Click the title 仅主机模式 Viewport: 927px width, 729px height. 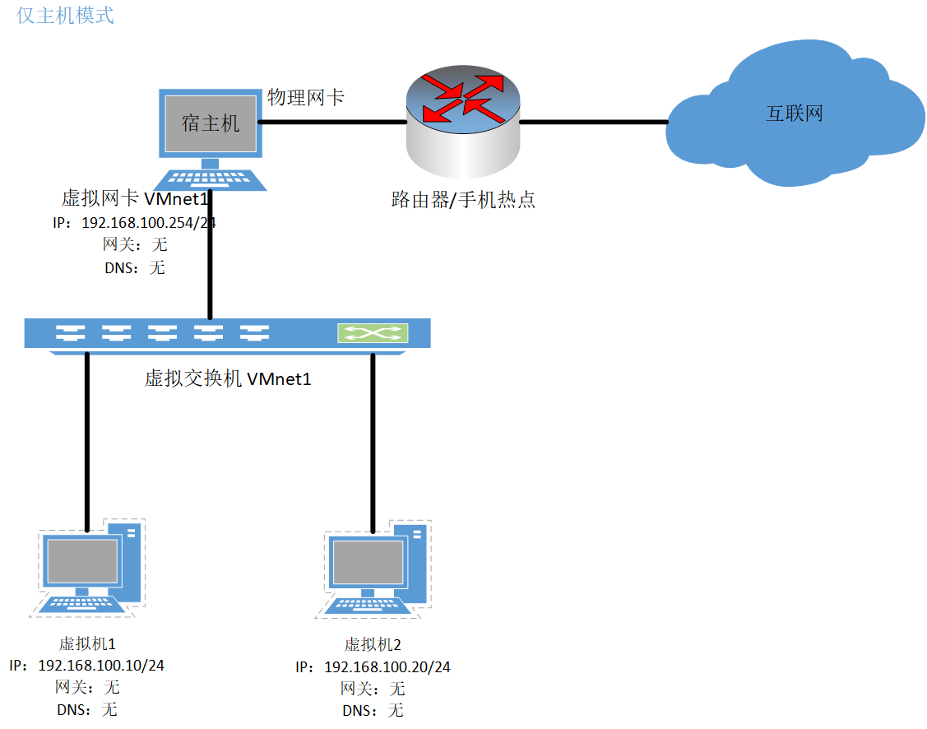click(x=65, y=15)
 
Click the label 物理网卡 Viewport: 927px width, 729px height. click(x=305, y=98)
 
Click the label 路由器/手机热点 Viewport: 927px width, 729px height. click(x=463, y=199)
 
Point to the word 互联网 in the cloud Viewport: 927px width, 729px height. click(x=795, y=114)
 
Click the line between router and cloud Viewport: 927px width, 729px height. click(x=593, y=123)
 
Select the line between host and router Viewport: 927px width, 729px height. click(x=333, y=123)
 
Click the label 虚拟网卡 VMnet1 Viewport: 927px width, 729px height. click(x=132, y=199)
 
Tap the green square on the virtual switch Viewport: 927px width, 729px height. click(x=373, y=333)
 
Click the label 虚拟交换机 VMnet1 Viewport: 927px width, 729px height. click(x=228, y=378)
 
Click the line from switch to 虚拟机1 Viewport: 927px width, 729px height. click(x=86, y=440)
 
